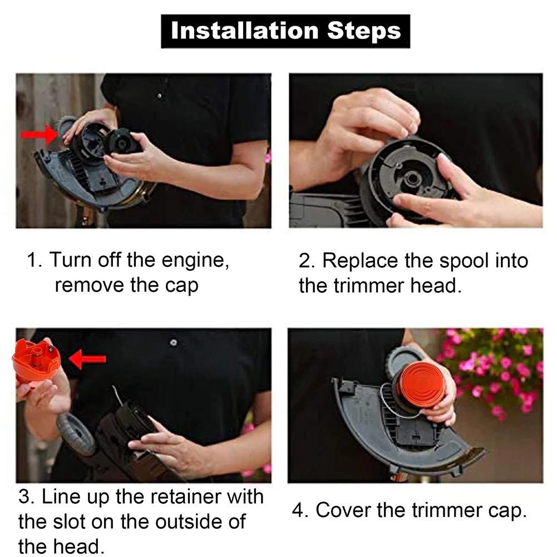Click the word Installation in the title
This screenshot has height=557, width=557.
click(245, 31)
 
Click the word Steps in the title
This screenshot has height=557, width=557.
click(364, 31)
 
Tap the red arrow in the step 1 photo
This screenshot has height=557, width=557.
click(39, 135)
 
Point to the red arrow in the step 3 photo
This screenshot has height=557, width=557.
click(87, 359)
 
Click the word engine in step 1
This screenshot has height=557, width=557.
click(195, 261)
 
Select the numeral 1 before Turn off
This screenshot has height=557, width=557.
click(33, 260)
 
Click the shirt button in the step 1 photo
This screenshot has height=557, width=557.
click(160, 96)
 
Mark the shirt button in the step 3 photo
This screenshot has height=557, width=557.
click(174, 342)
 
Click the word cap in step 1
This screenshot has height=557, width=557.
click(181, 286)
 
